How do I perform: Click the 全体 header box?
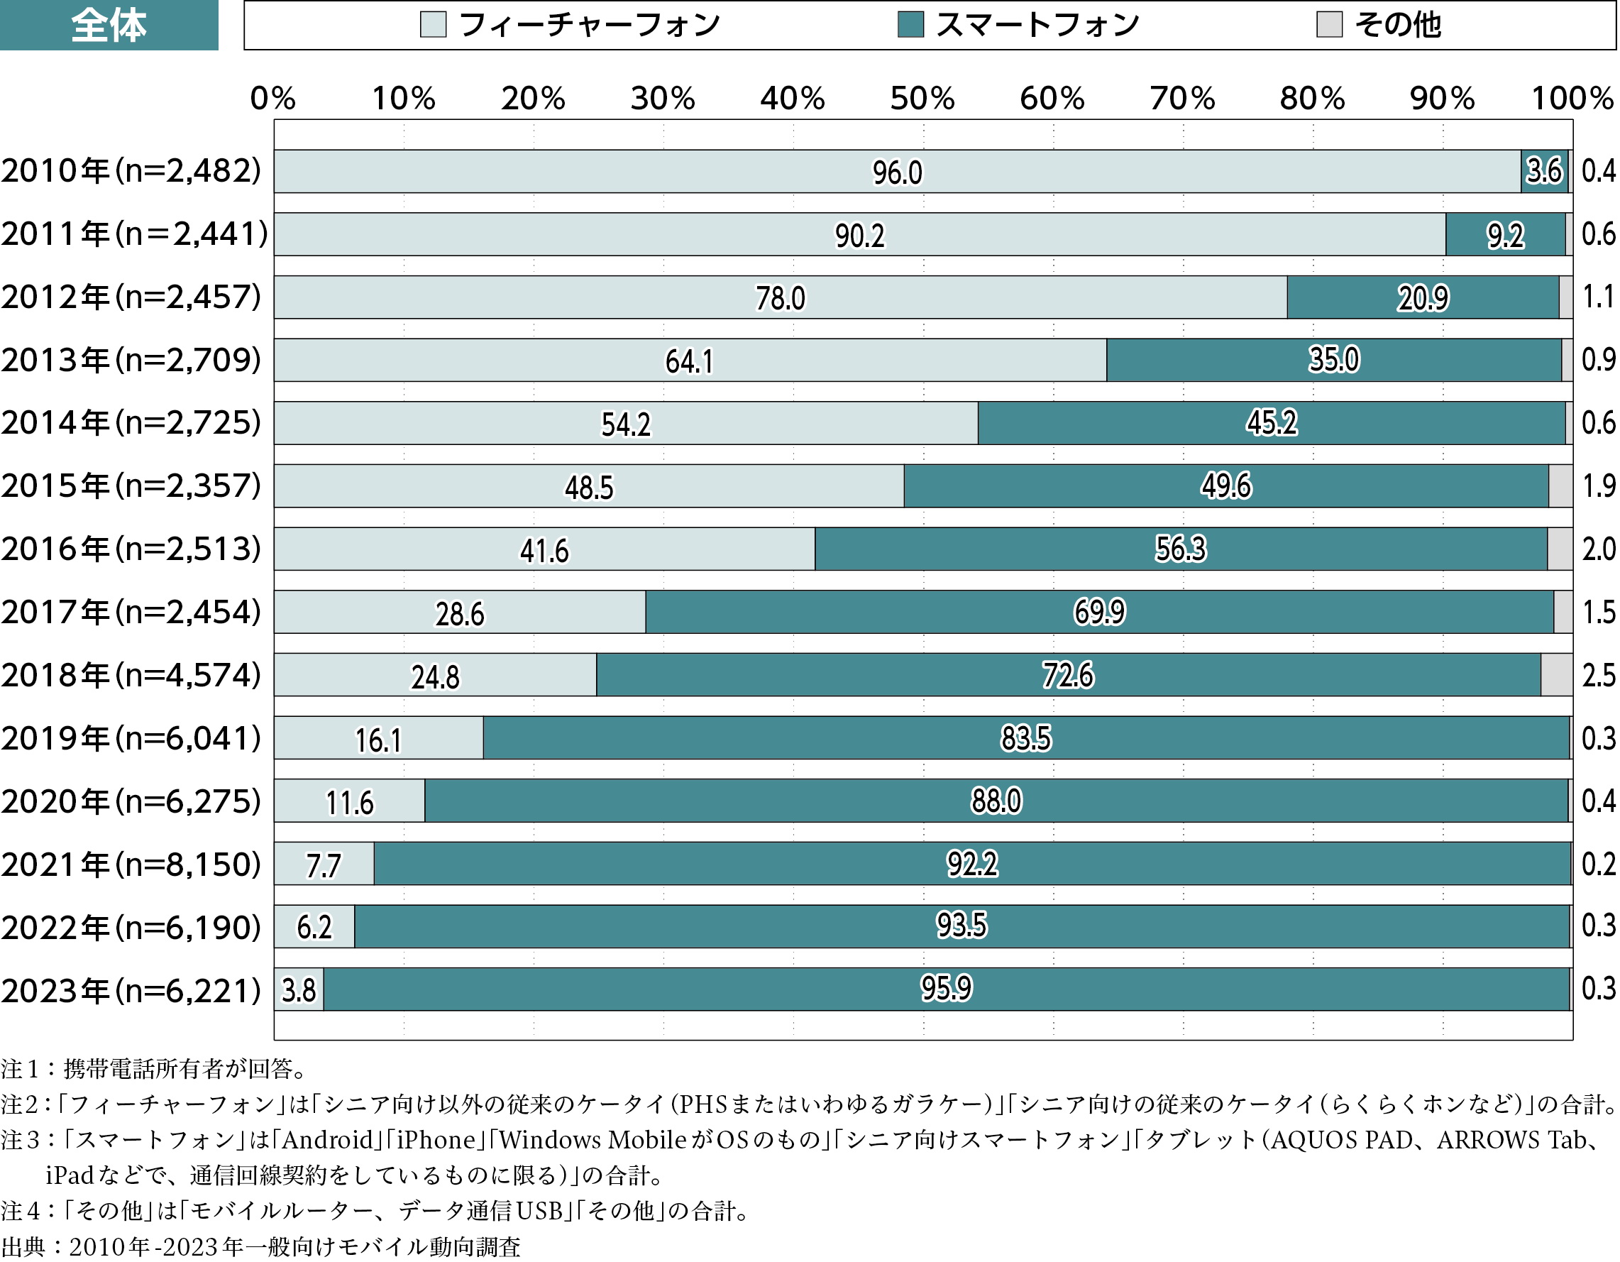109,24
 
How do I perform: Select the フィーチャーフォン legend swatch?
433,24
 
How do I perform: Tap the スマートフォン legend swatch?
910,24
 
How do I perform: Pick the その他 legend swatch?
1328,24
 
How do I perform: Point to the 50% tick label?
922,99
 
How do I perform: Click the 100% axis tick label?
1572,99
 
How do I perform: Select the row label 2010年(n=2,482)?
131,171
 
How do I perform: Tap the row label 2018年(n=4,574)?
131,675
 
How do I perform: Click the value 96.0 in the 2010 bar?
897,173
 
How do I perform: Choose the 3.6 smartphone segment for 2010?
1544,171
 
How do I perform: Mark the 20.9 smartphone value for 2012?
1422,298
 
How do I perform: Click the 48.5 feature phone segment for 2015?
589,488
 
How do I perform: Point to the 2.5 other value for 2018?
1599,675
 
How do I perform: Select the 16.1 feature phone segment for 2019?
378,740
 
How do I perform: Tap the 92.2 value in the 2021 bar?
971,864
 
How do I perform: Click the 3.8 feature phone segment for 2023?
299,989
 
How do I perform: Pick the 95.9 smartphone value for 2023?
946,988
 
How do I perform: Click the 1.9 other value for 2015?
1599,486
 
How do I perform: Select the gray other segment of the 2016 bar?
1560,549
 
